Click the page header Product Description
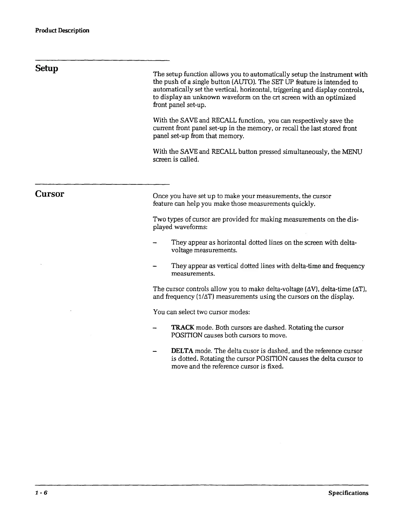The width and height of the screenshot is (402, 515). click(x=62, y=31)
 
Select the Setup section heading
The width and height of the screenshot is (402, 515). click(x=47, y=68)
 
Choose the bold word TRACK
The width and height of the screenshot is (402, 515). click(x=182, y=327)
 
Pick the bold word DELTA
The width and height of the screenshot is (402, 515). click(x=182, y=351)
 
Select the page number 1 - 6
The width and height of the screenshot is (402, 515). click(x=41, y=493)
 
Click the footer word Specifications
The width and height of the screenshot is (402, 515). click(x=348, y=493)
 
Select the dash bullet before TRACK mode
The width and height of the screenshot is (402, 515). click(x=155, y=328)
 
